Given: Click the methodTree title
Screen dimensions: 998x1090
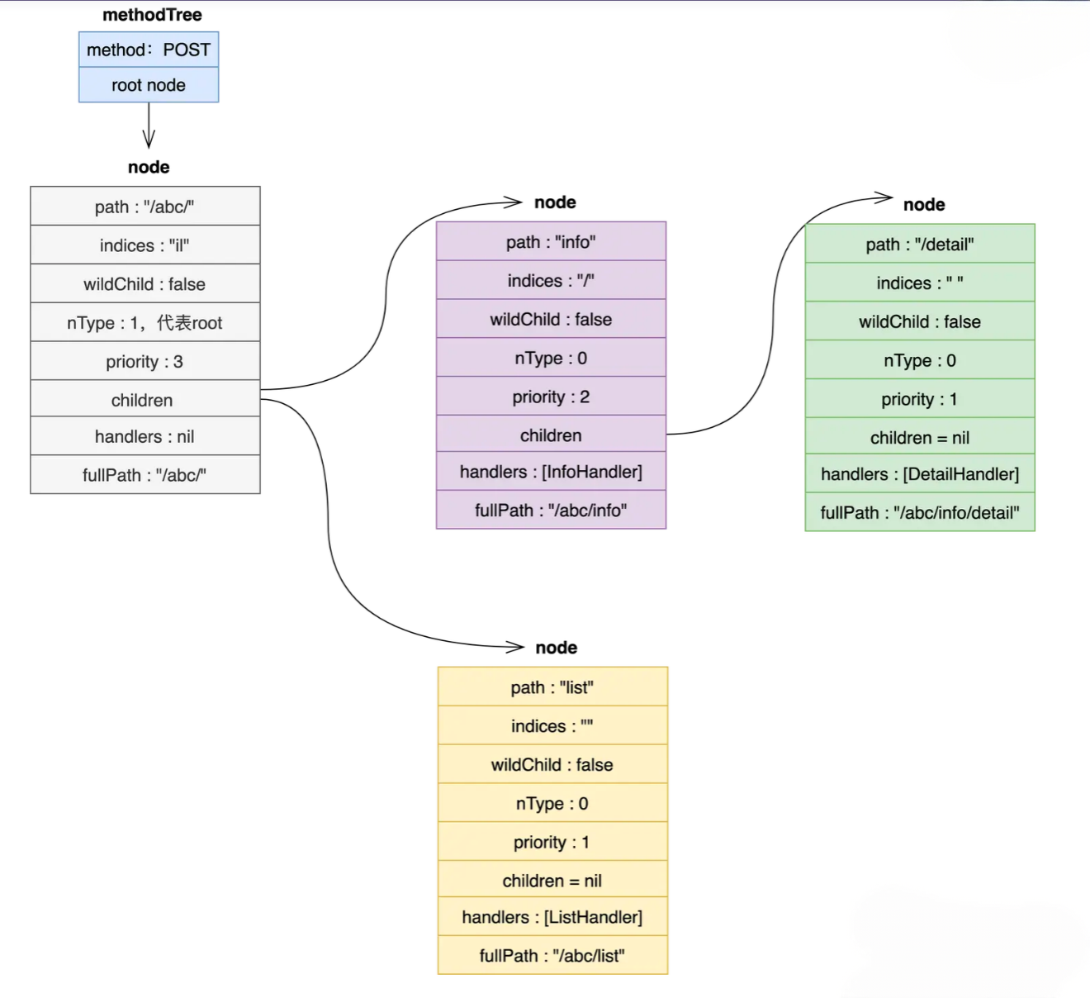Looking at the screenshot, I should (x=152, y=15).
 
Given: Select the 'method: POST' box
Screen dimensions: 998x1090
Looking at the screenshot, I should (x=149, y=50).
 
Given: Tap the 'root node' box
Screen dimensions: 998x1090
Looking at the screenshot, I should (x=149, y=85).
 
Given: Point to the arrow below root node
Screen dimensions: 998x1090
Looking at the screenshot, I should (x=149, y=126).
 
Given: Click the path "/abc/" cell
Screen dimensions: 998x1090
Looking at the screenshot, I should (x=145, y=207).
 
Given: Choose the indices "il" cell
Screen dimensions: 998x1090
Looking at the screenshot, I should (x=145, y=245).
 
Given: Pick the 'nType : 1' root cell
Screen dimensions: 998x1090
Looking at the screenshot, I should (x=145, y=323).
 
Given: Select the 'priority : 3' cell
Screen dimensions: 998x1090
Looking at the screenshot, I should (x=145, y=362).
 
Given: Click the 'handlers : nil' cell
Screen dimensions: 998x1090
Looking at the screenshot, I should (x=145, y=436).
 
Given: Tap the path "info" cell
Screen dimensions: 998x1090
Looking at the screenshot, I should (x=551, y=242).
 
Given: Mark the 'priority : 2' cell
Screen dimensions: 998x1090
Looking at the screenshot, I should (x=551, y=397).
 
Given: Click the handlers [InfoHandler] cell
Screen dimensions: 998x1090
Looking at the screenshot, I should (x=551, y=472).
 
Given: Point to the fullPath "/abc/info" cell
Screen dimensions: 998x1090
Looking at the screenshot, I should (x=551, y=511).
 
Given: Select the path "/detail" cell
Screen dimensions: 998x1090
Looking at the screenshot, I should (x=920, y=245).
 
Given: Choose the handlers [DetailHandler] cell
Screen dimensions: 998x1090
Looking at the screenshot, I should (x=920, y=474).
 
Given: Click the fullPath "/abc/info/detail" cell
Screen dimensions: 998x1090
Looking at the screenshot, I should (x=920, y=513).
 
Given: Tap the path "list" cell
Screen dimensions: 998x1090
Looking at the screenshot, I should (x=552, y=687).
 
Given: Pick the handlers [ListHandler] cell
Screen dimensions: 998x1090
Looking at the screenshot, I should (x=552, y=917).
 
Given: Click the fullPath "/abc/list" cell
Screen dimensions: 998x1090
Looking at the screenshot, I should (x=552, y=956).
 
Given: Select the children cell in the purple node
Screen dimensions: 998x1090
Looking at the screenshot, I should (x=551, y=435).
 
